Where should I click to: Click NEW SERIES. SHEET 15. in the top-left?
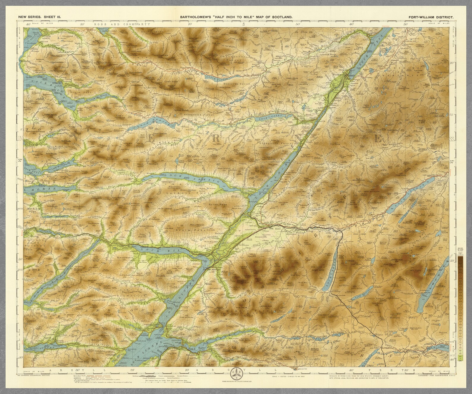40,18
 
